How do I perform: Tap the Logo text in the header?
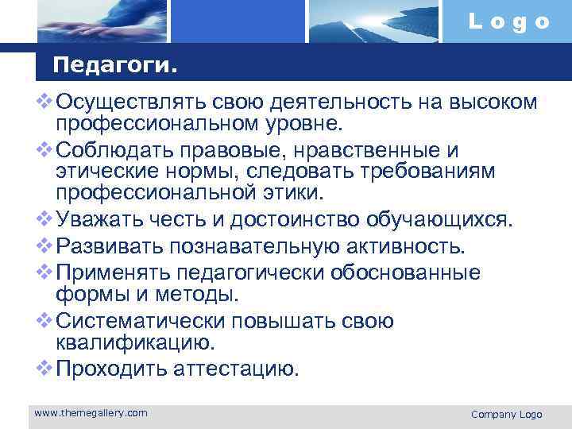[x=508, y=22]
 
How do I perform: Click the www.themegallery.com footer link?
[x=91, y=412]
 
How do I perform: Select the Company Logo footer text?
[x=506, y=414]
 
